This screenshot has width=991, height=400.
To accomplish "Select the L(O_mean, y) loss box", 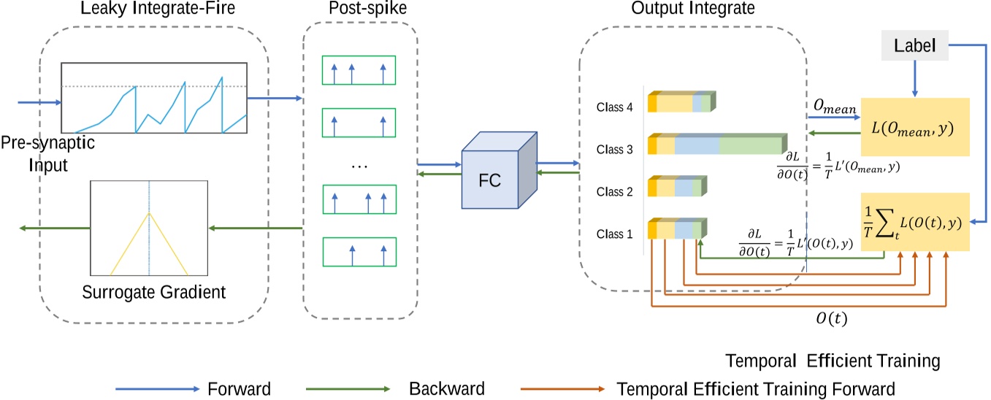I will [x=914, y=126].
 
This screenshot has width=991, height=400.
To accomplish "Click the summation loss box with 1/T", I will [x=914, y=222].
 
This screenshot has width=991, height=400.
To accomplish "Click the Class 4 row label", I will [x=614, y=107].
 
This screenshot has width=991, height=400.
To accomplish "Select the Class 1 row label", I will [x=614, y=234].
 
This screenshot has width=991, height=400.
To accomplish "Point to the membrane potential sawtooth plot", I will [x=154, y=97].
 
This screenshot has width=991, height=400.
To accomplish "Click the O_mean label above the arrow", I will [x=834, y=107].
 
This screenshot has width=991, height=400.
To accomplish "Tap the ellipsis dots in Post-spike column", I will [x=359, y=166].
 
